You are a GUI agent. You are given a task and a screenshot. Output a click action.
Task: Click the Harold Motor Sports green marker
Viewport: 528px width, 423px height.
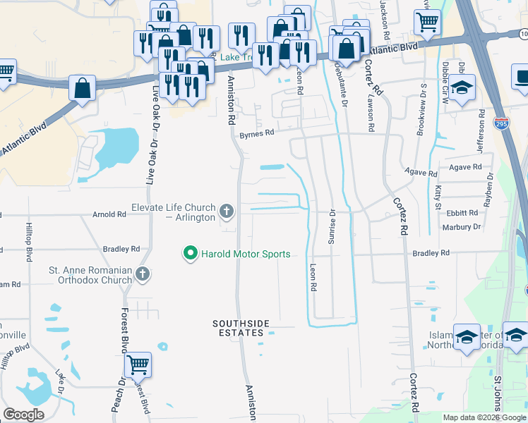[190, 254]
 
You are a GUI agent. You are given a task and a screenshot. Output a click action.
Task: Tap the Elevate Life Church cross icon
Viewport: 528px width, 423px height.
[227, 211]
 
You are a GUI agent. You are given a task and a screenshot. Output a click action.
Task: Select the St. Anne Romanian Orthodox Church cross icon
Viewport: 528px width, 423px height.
[142, 274]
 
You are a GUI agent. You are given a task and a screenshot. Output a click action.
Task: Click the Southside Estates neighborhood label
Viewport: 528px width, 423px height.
[241, 328]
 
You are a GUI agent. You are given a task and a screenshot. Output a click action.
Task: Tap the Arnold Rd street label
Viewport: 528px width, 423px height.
[109, 214]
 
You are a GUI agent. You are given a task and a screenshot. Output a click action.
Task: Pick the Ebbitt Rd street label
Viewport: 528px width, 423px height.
[462, 212]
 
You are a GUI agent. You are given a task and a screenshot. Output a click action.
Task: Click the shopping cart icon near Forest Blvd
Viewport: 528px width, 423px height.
[138, 364]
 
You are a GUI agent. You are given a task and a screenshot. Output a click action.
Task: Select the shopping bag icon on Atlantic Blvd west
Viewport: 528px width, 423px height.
[83, 88]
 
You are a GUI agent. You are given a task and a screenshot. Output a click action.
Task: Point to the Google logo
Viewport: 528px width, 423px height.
[24, 415]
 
